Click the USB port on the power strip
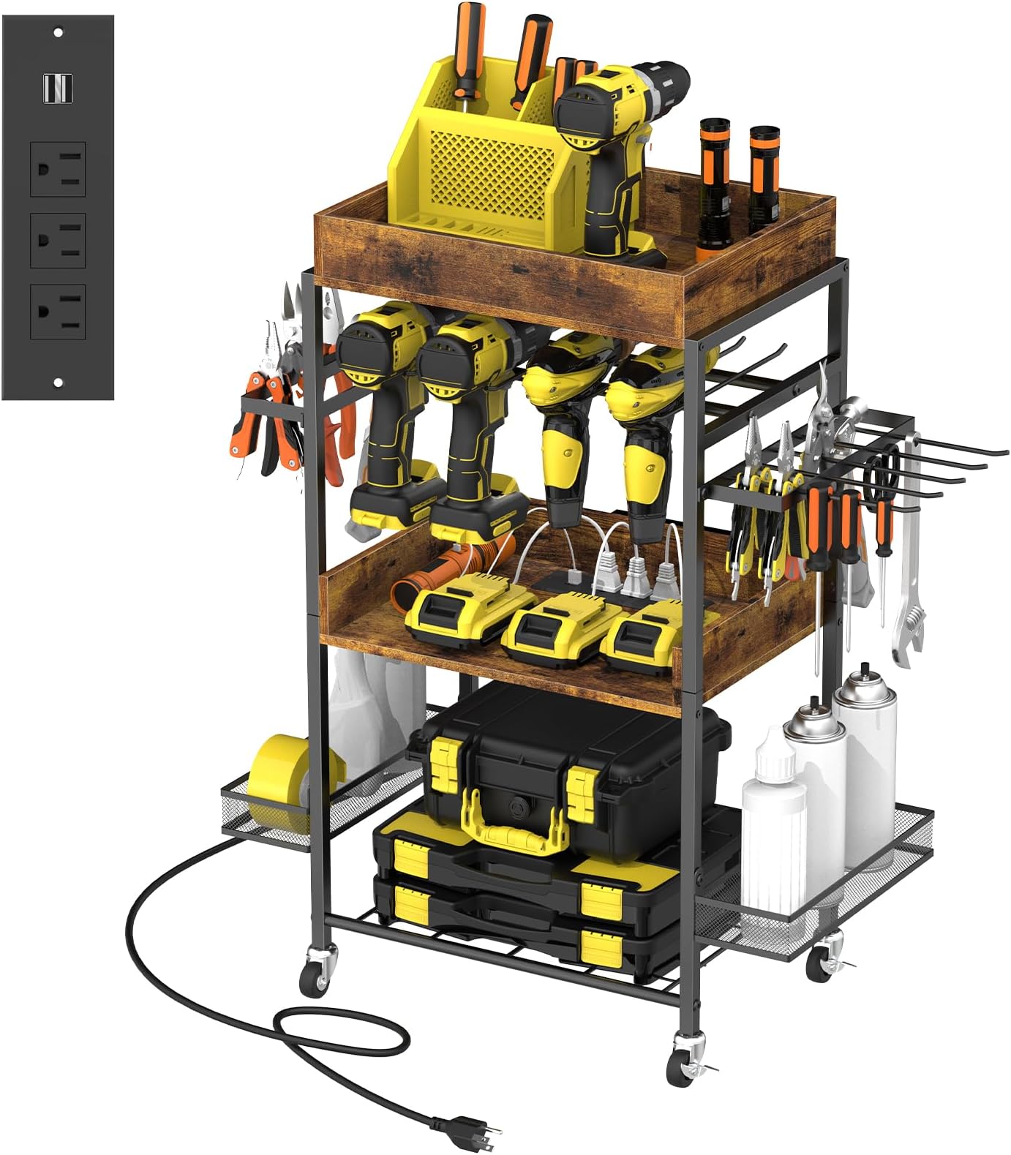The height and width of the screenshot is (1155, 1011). coord(57,89)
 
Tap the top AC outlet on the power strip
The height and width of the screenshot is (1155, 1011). coord(58,170)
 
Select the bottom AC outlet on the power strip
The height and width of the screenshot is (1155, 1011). coord(58,312)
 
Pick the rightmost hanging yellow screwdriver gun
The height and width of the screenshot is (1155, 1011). coord(644,446)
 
